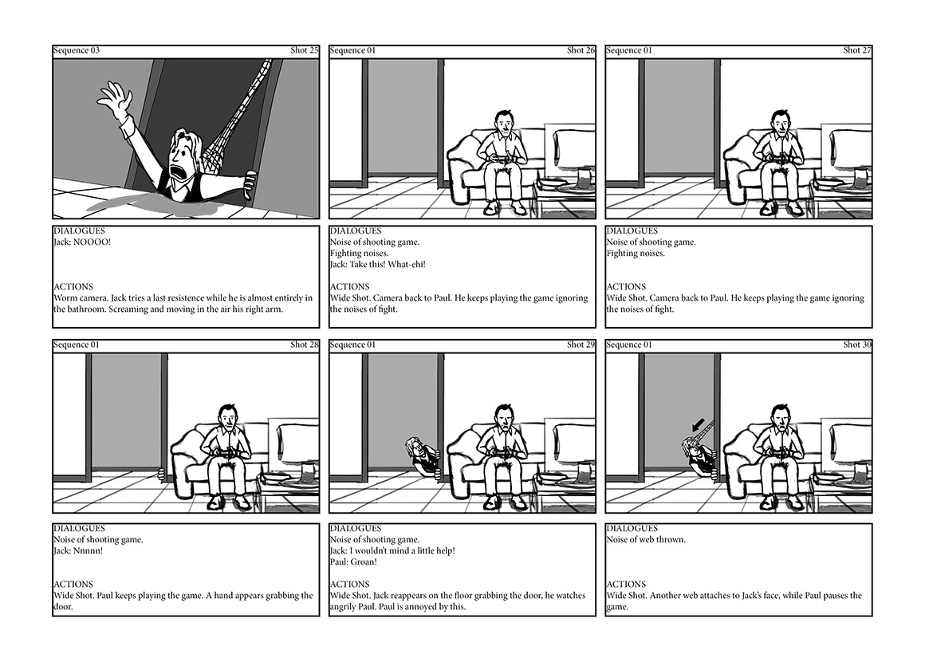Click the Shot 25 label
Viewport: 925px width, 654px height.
tap(304, 50)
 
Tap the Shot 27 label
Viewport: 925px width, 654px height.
tap(857, 50)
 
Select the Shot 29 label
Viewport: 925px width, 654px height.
tap(581, 345)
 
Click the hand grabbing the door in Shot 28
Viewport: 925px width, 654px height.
tap(163, 475)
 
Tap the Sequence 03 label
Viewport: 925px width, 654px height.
tap(77, 50)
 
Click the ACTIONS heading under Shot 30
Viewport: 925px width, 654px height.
tap(626, 584)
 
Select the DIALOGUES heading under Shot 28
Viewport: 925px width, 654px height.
tap(78, 528)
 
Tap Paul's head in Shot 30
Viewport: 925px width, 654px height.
tap(779, 416)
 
